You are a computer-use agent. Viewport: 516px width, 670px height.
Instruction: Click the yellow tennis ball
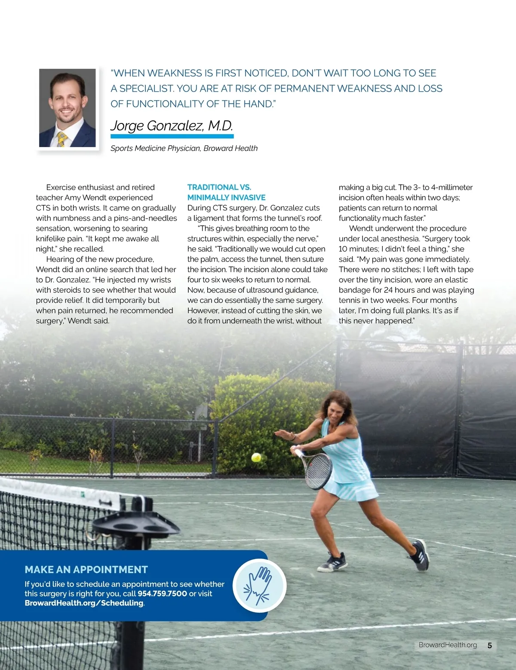pyautogui.click(x=256, y=457)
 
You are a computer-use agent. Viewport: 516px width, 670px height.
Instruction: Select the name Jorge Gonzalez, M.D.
pyautogui.click(x=172, y=126)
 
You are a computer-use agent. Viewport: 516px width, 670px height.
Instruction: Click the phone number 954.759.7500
pyautogui.click(x=162, y=593)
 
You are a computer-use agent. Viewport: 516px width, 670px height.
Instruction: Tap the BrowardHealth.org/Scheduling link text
pyautogui.click(x=84, y=603)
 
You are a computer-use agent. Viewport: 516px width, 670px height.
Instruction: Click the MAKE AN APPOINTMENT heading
pyautogui.click(x=86, y=569)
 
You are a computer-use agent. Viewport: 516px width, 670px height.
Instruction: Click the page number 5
pyautogui.click(x=490, y=645)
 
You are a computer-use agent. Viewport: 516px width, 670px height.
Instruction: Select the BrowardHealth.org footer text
pyautogui.click(x=448, y=645)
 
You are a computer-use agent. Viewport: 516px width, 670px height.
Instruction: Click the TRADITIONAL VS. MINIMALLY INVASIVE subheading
pyautogui.click(x=226, y=192)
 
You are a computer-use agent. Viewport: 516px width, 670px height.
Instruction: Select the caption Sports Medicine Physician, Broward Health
pyautogui.click(x=184, y=148)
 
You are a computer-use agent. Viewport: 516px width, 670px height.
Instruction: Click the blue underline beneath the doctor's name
pyautogui.click(x=172, y=136)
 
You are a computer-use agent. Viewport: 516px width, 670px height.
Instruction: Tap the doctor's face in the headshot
pyautogui.click(x=67, y=102)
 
